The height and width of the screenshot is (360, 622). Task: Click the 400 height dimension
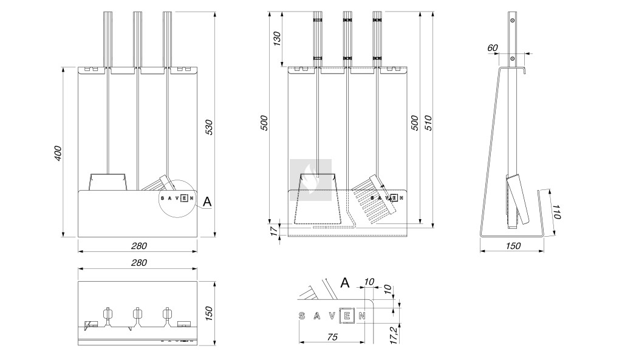coord(57,152)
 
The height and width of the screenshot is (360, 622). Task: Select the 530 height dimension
coord(209,127)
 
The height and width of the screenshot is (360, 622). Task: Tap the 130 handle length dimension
coord(277,38)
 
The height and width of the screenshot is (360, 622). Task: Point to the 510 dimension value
coord(427,123)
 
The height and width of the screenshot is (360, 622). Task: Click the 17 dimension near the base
coord(274,230)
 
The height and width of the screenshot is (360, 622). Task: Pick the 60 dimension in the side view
coord(492,47)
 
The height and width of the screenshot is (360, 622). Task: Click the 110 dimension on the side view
coord(556,212)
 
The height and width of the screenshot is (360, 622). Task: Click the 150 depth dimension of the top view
coord(209,313)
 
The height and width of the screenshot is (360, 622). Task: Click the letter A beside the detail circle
coord(207,202)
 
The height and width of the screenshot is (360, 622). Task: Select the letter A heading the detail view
coord(345,282)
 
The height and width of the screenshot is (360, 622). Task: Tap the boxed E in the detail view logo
coord(347,315)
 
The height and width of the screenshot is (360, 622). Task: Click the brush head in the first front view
coord(160,183)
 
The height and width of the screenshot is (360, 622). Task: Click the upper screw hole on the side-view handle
coord(512,21)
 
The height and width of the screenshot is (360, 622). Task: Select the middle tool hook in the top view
coord(137,314)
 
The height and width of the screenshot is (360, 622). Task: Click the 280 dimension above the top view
coord(139,263)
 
